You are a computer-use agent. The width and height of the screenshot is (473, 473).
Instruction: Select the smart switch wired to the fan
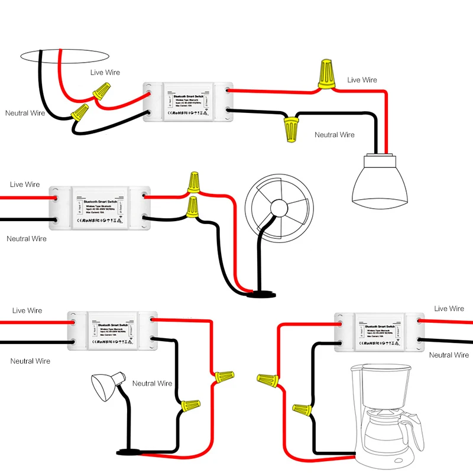(x=98, y=209)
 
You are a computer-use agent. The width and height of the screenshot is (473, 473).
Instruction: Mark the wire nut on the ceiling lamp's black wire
(x=290, y=128)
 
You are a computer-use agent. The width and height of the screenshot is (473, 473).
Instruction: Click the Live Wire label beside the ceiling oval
(x=105, y=72)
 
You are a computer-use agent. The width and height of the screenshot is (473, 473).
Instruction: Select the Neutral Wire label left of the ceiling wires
(x=25, y=112)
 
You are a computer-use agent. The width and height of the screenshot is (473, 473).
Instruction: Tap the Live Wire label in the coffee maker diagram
(x=449, y=309)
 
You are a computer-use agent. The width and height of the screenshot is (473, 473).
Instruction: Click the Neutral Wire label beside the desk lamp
(x=152, y=383)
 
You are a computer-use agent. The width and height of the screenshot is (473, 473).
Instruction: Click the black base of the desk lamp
(x=129, y=452)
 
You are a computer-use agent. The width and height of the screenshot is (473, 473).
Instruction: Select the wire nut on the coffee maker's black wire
(x=302, y=409)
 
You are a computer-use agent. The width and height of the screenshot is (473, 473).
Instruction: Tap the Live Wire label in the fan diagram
(x=25, y=184)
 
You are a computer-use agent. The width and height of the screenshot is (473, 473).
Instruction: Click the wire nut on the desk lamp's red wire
(x=223, y=375)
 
